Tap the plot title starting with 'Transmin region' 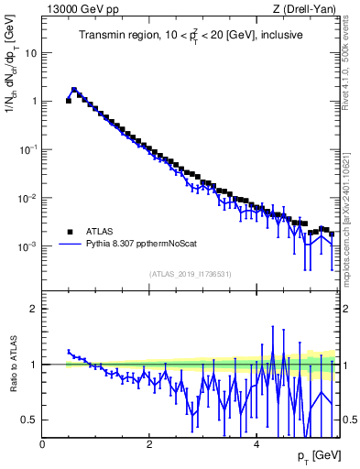[x=189, y=36]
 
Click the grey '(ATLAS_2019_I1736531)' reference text [x=189, y=274]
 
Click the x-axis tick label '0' [x=43, y=445]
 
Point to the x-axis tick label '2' [x=149, y=445]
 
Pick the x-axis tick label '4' [x=256, y=445]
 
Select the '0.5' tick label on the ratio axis [x=28, y=420]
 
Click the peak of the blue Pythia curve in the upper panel [x=74, y=90]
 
